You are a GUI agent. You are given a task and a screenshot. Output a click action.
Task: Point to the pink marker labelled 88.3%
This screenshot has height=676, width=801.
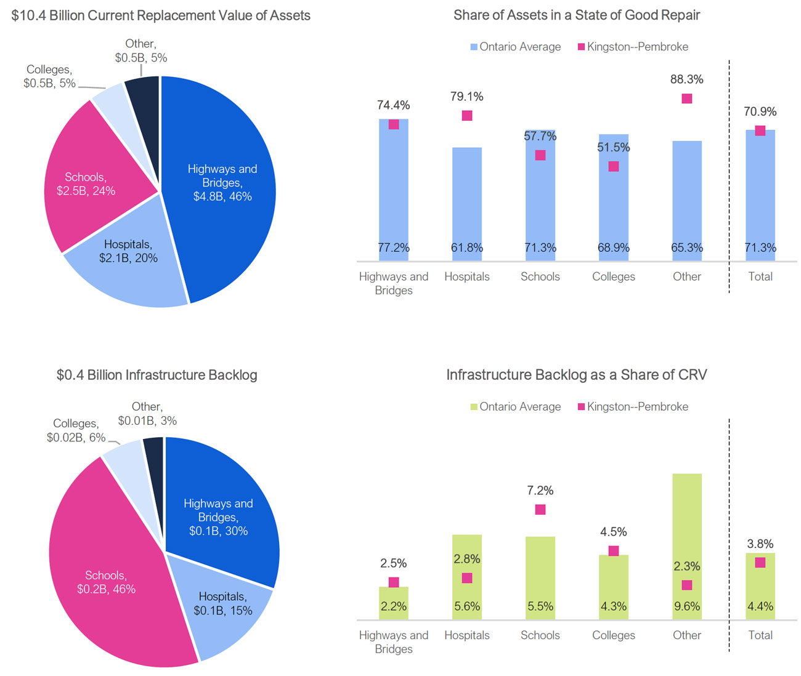pos(687,99)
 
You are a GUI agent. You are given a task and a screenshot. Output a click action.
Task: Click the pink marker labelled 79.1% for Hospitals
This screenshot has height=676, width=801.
pos(467,116)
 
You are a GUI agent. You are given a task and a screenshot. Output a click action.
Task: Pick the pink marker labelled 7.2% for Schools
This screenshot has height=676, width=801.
pos(540,509)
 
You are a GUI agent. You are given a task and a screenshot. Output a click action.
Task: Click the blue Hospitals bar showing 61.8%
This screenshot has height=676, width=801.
pos(467,197)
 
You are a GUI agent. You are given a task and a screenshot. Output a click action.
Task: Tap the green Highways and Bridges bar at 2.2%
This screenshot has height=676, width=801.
pos(394,603)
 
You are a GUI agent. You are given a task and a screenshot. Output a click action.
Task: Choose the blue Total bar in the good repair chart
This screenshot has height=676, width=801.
pos(760,197)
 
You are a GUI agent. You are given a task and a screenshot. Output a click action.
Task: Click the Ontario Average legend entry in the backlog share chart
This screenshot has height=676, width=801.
pos(516,407)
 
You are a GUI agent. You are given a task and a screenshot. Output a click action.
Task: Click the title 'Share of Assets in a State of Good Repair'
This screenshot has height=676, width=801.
pos(577,15)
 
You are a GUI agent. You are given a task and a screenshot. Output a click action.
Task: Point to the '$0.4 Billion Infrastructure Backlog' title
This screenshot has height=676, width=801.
pos(157,375)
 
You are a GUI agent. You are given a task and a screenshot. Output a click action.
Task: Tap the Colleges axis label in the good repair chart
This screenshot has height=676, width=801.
pos(614,276)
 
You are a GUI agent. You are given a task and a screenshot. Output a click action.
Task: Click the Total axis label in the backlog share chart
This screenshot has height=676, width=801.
pos(760,635)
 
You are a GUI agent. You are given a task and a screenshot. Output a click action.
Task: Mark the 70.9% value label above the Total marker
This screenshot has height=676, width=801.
pos(760,111)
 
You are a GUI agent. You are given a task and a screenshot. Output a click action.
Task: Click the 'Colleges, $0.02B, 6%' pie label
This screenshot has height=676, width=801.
pos(75,430)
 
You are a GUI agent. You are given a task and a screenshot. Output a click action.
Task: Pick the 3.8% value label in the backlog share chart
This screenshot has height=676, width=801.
pos(760,544)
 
